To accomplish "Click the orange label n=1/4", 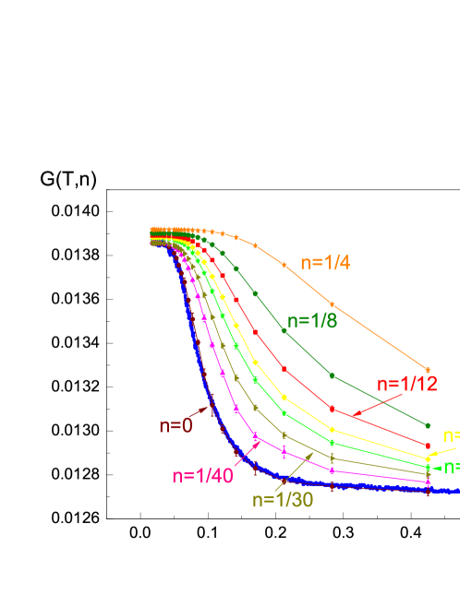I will [x=324, y=262].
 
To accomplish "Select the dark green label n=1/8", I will [x=311, y=321].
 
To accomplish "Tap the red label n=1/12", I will [x=406, y=385].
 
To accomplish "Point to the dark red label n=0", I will [x=176, y=425].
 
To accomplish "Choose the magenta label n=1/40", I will [x=201, y=475].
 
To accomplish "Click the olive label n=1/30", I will [x=283, y=499].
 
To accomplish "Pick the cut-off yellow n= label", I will [x=451, y=435].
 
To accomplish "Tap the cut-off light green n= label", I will [x=452, y=467].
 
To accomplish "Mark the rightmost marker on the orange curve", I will [x=427, y=369].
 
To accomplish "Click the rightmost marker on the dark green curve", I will [x=427, y=425].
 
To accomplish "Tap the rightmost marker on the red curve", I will [x=427, y=446].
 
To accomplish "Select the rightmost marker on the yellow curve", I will [x=427, y=458].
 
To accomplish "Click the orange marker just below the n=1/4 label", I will [x=332, y=304].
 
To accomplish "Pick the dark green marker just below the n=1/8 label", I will [x=284, y=331].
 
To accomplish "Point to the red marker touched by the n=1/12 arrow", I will [x=332, y=409].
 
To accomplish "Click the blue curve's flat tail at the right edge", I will [x=443, y=492].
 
